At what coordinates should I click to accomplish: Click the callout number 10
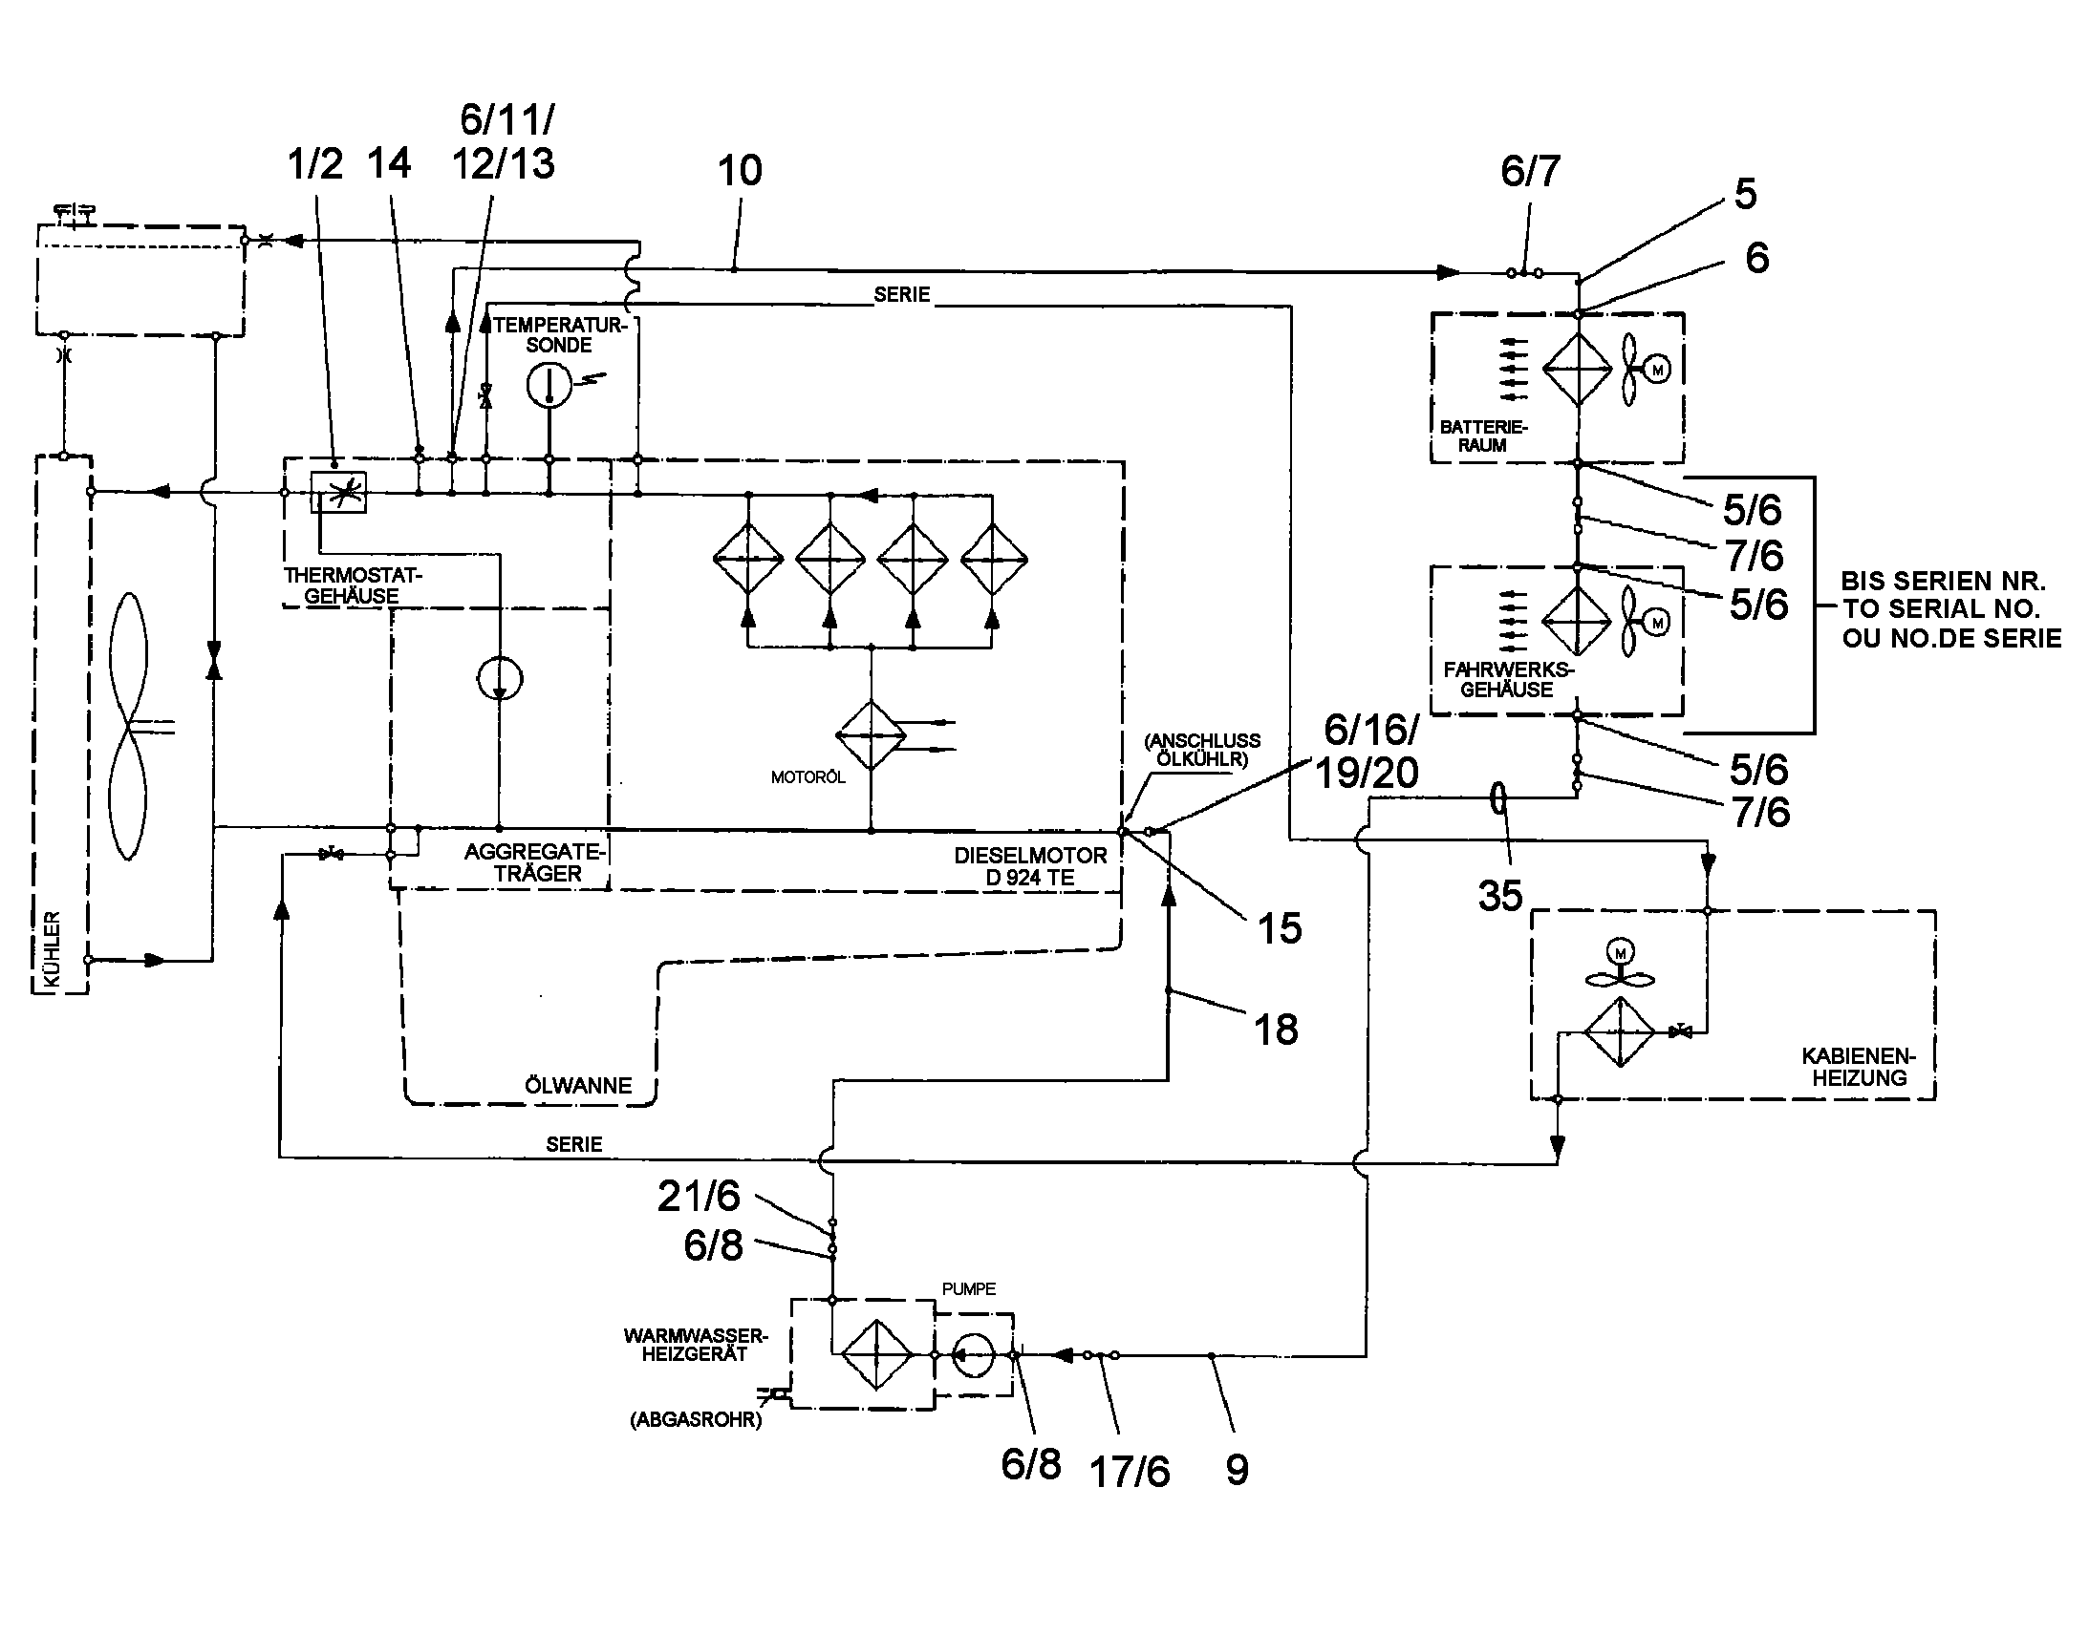(x=740, y=172)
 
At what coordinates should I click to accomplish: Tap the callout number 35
(x=1499, y=897)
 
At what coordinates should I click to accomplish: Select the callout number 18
(x=1277, y=1030)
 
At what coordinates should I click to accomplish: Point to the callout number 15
(x=1280, y=928)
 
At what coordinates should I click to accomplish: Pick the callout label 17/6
(x=1130, y=1472)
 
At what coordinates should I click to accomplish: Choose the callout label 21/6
(x=699, y=1196)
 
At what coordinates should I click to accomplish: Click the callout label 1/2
(x=315, y=164)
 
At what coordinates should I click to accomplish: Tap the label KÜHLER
(x=52, y=948)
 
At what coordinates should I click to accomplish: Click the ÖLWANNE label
(x=578, y=1085)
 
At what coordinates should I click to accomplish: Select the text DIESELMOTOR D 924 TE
(x=1030, y=866)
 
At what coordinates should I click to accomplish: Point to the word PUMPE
(x=969, y=1288)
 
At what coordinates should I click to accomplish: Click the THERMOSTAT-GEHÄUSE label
(x=353, y=585)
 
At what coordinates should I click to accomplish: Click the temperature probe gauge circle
(x=549, y=385)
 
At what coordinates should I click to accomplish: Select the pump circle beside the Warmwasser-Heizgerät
(x=973, y=1355)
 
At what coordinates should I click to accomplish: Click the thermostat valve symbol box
(x=338, y=493)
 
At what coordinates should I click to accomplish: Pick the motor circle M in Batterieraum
(x=1657, y=369)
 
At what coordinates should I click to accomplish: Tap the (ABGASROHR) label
(x=696, y=1419)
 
